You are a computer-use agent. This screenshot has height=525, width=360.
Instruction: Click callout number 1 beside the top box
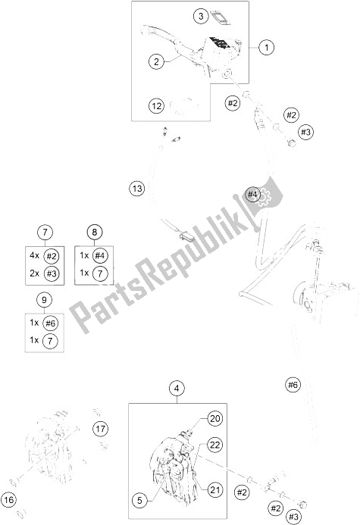[266, 48]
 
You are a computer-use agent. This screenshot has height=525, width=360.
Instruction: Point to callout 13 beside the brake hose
[136, 188]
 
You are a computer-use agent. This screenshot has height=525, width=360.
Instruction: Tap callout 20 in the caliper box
[214, 418]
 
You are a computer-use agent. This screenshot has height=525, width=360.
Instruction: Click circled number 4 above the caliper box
[176, 389]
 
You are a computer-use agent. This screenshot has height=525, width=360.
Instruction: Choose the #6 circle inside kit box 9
[52, 323]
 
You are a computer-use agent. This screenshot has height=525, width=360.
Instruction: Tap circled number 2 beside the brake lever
[156, 61]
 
